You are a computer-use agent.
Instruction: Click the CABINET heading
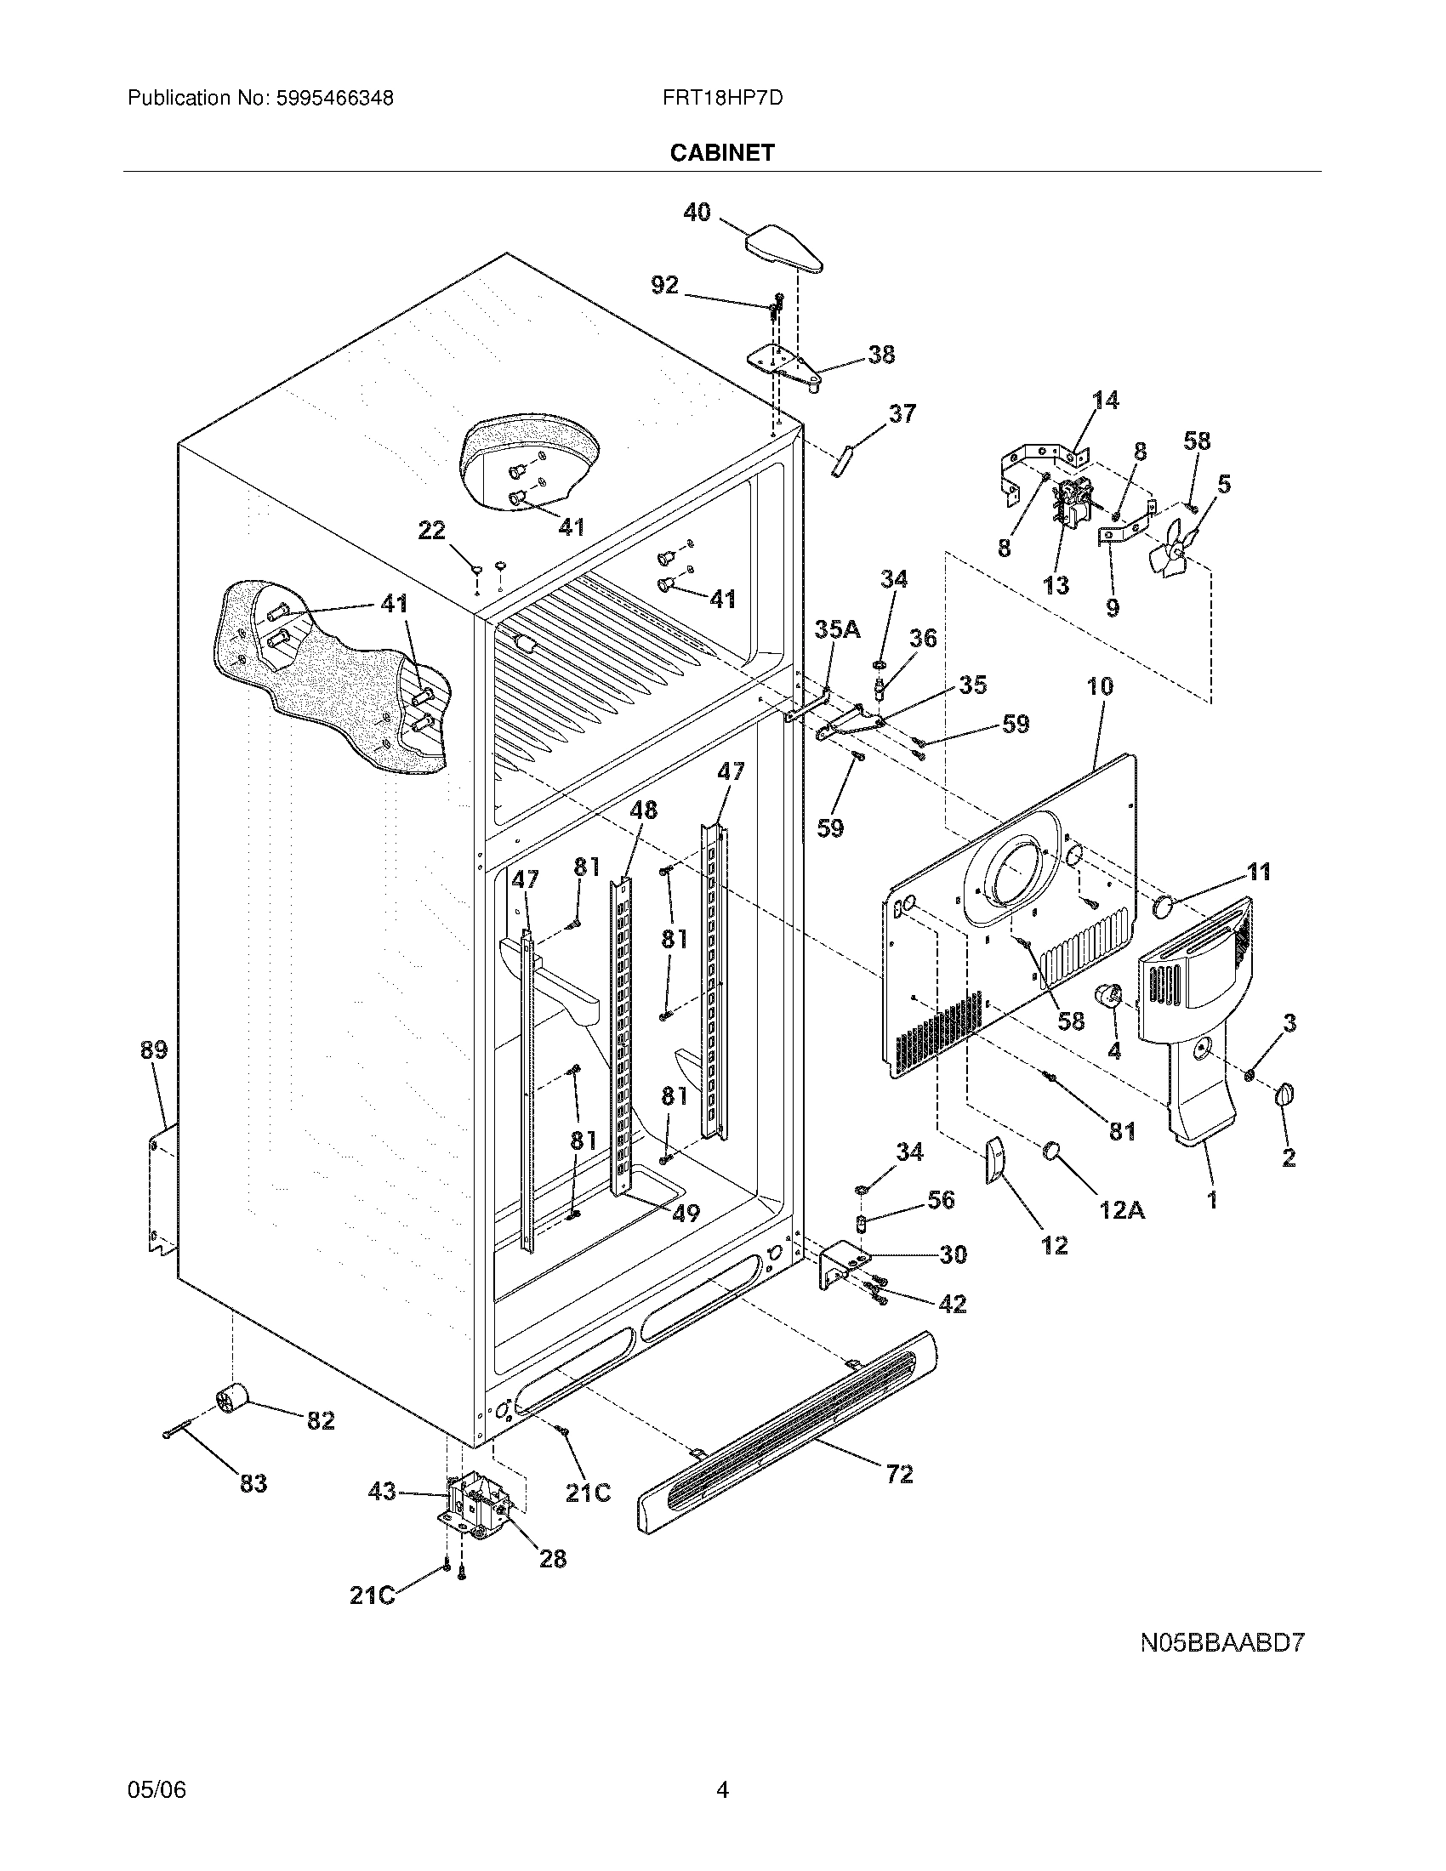coord(721,152)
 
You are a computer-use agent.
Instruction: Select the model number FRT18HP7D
coord(721,98)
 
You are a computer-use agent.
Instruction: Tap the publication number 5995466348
coord(335,98)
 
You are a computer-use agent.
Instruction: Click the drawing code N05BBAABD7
coord(1221,1643)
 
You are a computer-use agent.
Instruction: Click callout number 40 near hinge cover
coord(697,213)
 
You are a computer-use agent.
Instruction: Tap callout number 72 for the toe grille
coord(899,1474)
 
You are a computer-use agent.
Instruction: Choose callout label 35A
coord(837,629)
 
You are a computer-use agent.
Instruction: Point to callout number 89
coord(154,1050)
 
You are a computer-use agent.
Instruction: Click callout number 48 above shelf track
coord(643,810)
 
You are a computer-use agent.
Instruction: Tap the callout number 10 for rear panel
coord(1100,686)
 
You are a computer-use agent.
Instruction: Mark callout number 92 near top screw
coord(665,286)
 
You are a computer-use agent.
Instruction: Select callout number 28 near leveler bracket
coord(553,1558)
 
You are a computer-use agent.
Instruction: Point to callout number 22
coord(431,532)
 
